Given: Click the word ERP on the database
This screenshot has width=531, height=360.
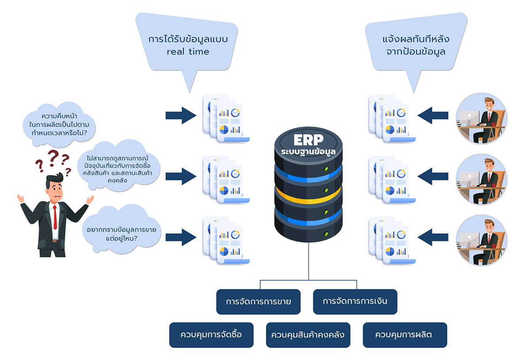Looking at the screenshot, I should pos(308,139).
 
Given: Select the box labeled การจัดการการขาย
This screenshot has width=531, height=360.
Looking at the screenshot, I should pos(258,302).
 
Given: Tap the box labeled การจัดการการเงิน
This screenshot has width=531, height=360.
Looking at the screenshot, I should pos(355,302).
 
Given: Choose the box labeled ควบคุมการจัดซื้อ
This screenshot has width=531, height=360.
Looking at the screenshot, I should pos(211,334).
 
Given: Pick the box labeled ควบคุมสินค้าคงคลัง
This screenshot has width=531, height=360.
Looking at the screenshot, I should pos(308,334).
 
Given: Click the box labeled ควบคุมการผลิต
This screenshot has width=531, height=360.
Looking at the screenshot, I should pos(404,334).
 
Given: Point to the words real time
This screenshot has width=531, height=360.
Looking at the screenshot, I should pos(188,52).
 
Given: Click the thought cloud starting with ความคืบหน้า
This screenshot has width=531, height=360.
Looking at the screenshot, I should pos(62,125).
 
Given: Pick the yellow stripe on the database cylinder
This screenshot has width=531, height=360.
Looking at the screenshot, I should pos(308,193).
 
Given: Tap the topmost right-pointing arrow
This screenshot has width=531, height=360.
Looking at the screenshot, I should pos(181,116).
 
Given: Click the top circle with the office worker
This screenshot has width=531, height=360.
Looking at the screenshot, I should pos(481,118).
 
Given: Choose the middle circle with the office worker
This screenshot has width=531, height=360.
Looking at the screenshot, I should pos(481,179).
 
